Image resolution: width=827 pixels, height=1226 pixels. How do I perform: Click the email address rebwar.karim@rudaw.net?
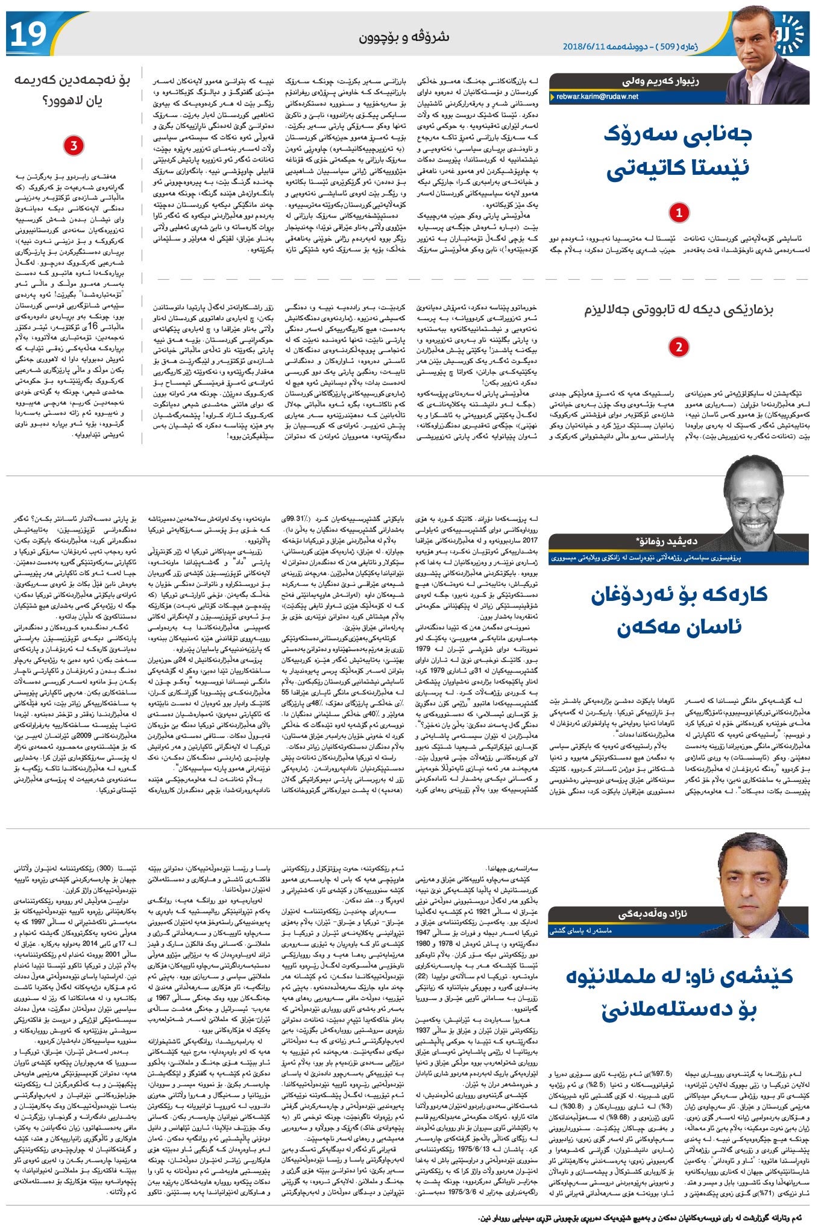click(597, 96)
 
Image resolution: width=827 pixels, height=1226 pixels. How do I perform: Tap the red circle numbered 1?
click(679, 212)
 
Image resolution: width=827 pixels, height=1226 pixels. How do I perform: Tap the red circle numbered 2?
click(679, 347)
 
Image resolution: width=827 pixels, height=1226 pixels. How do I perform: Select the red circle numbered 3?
click(74, 146)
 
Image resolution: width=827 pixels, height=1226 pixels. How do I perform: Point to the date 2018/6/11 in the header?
click(584, 46)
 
